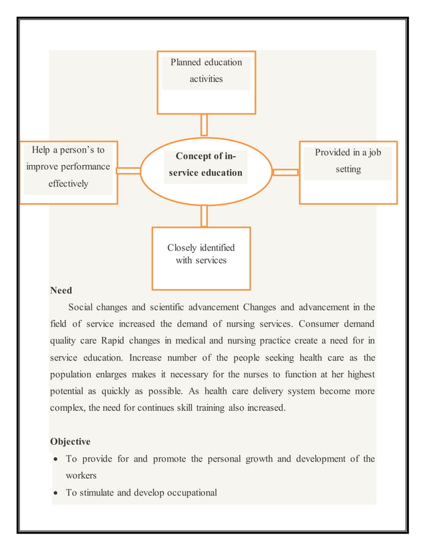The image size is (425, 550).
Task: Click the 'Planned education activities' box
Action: (206, 82)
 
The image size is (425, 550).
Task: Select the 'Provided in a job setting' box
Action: (348, 172)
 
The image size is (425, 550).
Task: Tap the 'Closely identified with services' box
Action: (201, 258)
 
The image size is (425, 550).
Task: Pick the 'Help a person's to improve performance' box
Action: (68, 172)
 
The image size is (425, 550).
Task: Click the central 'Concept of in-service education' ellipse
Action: (205, 170)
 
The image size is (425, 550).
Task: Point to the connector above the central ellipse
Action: (204, 125)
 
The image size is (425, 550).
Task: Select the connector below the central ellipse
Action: (204, 216)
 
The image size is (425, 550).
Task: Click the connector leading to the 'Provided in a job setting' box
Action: (286, 172)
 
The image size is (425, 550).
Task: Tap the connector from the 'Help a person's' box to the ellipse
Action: (129, 171)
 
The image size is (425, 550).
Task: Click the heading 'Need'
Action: (61, 290)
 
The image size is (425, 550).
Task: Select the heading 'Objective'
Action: (70, 441)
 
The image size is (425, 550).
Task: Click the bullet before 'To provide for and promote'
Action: (57, 459)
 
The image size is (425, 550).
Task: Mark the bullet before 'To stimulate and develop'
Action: (57, 493)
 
